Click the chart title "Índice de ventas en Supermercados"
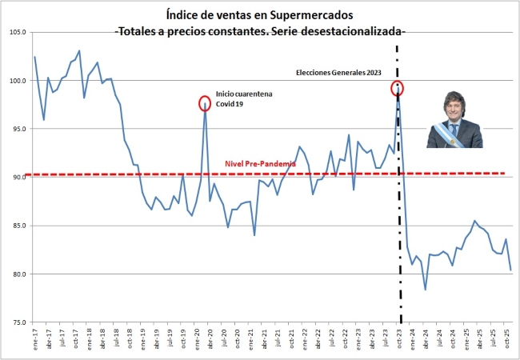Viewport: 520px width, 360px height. click(x=260, y=14)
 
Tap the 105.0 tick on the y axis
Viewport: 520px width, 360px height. click(x=17, y=32)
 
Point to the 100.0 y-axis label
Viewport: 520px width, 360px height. click(x=17, y=81)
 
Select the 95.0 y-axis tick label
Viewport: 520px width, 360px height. click(x=18, y=129)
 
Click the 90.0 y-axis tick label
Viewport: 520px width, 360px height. click(x=18, y=178)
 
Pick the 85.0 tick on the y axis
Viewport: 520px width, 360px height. click(x=18, y=226)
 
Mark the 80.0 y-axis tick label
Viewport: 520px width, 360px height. click(x=18, y=274)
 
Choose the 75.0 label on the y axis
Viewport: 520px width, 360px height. click(x=18, y=322)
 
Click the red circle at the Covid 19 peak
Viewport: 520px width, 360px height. click(x=206, y=103)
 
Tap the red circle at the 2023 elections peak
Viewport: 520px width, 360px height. click(x=398, y=88)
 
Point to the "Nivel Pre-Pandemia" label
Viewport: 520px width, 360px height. click(x=260, y=163)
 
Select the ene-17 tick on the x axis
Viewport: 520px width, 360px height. click(x=35, y=339)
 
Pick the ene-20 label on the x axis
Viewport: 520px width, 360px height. click(x=197, y=339)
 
